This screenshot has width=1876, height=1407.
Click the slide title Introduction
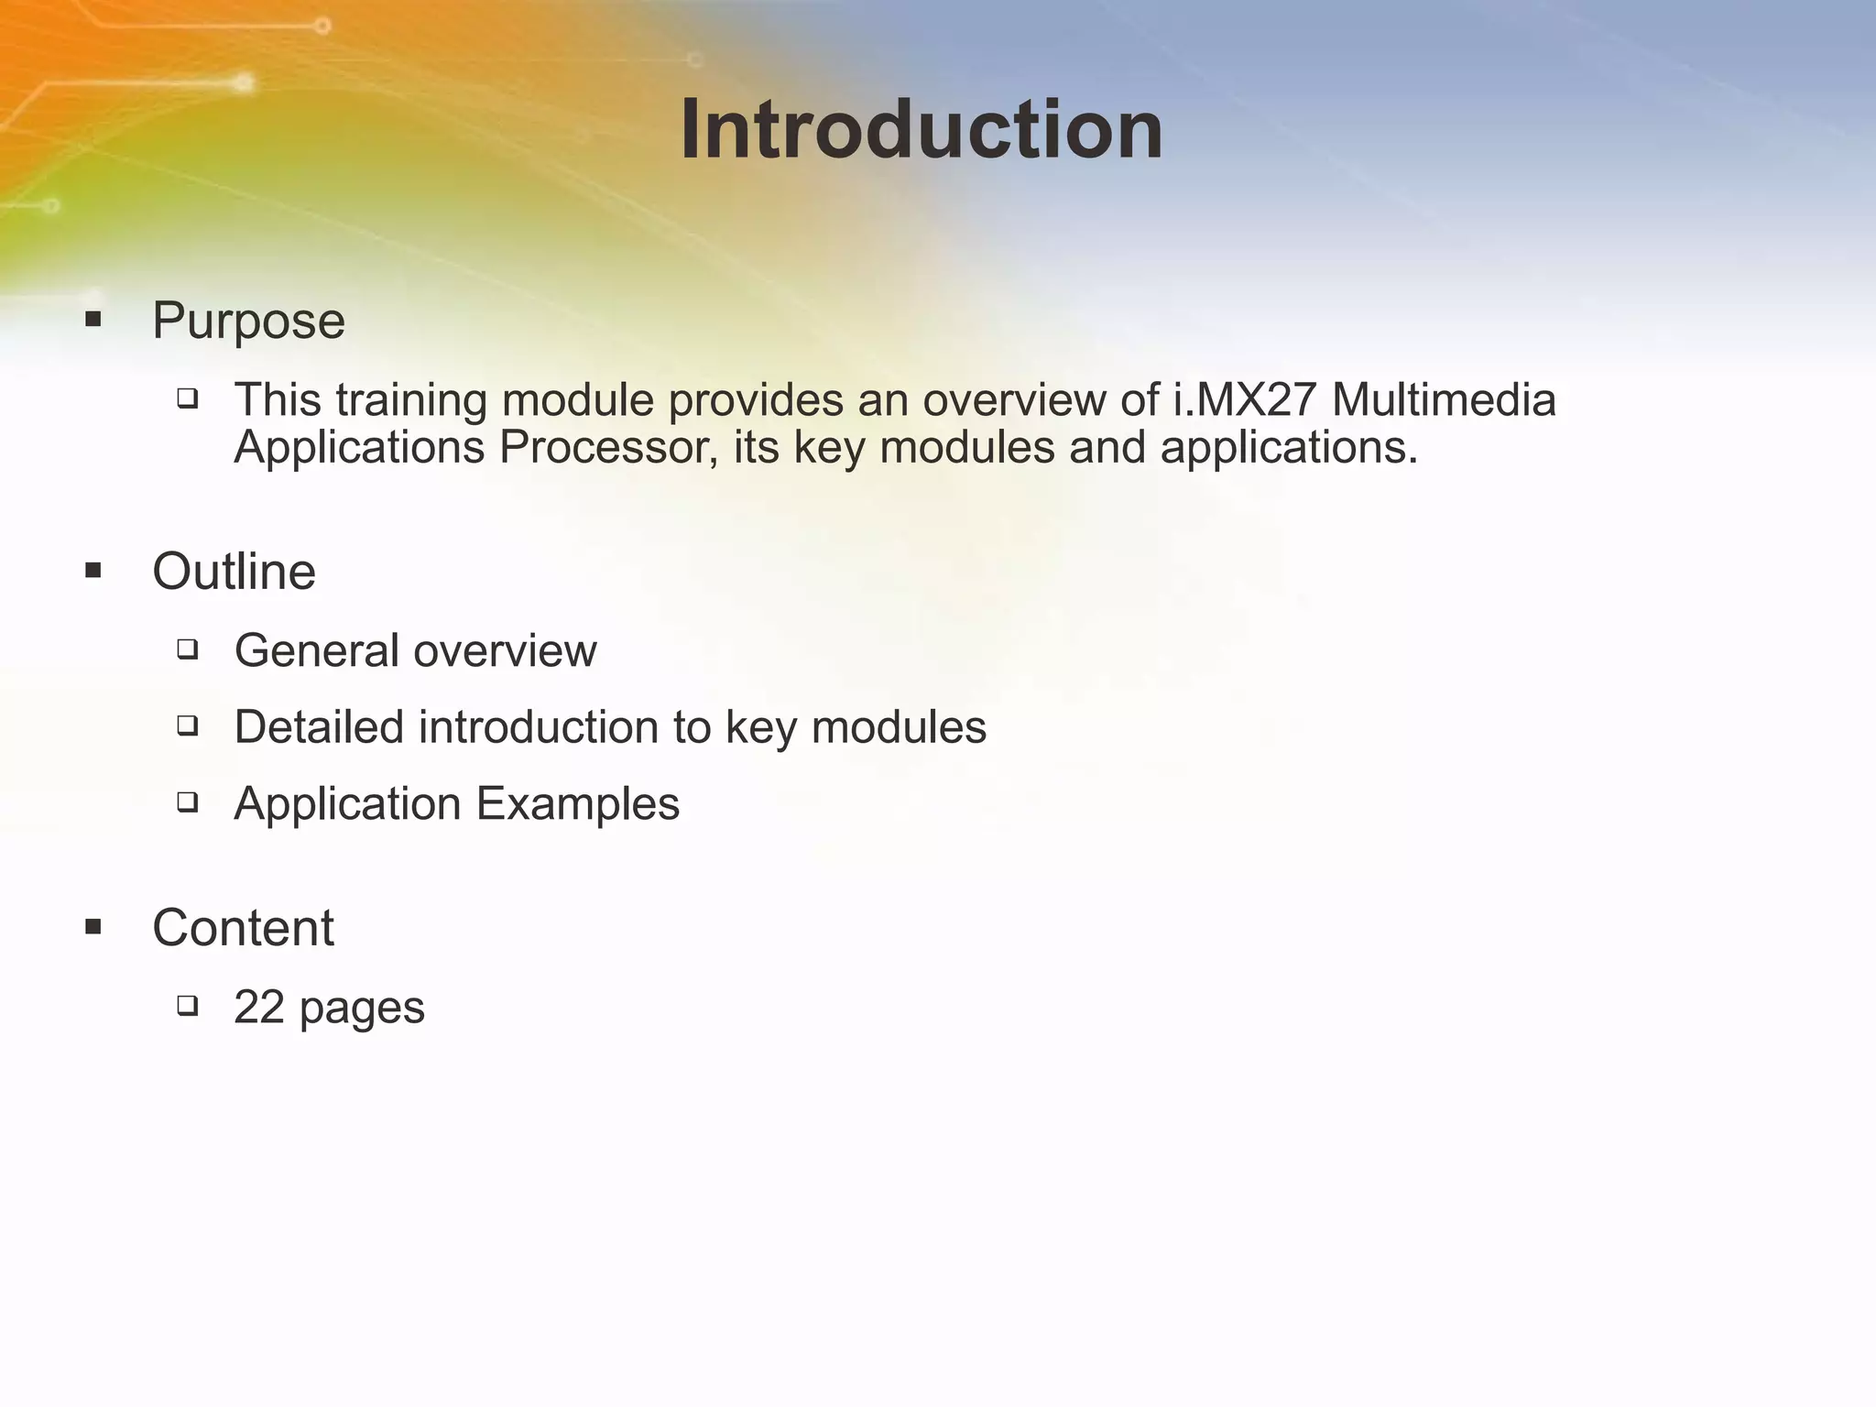point(921,130)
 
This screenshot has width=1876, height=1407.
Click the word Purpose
point(248,322)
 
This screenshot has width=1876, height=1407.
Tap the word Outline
point(234,573)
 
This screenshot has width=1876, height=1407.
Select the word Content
point(243,928)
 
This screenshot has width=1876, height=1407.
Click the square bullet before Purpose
point(93,320)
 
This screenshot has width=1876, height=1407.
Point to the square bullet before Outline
point(93,572)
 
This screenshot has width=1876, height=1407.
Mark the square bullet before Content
point(93,927)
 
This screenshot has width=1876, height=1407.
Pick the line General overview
point(415,651)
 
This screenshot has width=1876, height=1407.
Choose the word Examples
point(577,804)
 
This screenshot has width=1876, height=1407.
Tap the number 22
point(258,1008)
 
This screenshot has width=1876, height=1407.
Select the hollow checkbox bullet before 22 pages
point(188,1006)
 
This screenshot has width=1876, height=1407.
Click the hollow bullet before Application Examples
point(188,802)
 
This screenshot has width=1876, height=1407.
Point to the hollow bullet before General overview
point(188,649)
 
